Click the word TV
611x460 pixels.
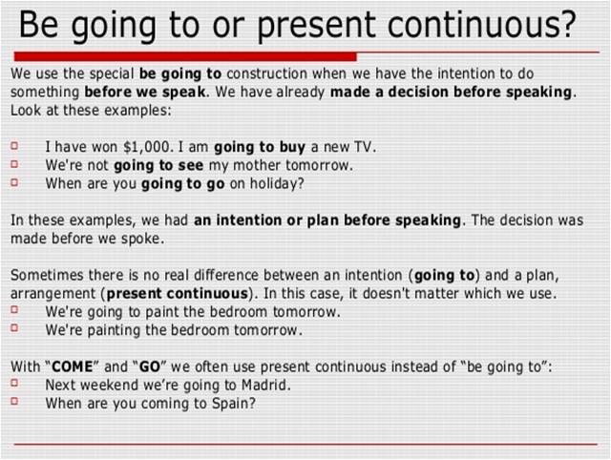363,147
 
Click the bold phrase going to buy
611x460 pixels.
260,147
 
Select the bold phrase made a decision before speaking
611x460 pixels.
451,93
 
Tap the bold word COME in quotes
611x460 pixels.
72,366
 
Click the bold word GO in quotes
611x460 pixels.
150,366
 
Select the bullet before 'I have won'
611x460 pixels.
16,147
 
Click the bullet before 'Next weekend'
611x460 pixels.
16,385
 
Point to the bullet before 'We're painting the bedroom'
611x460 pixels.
16,330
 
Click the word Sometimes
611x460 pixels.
46,275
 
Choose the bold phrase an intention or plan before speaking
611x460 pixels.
327,220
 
